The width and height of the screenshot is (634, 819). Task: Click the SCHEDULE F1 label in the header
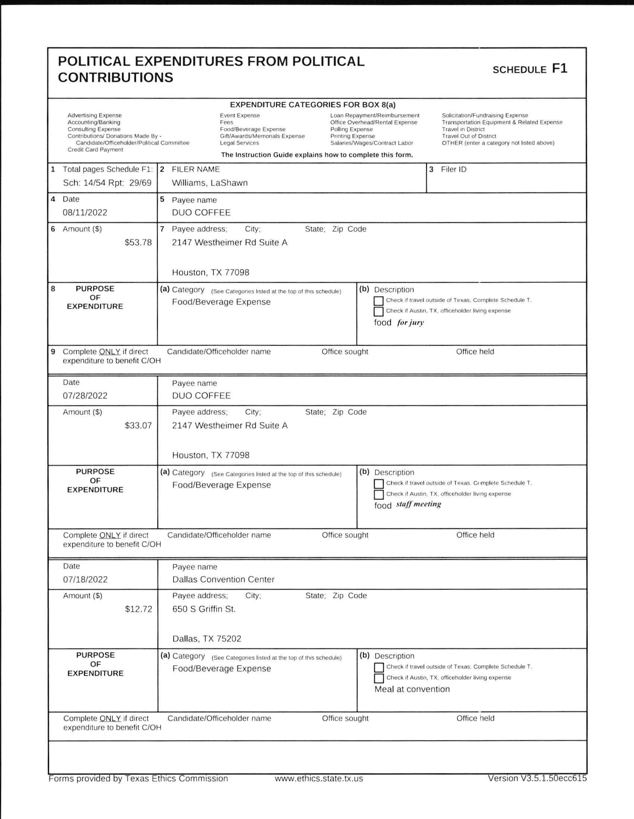pyautogui.click(x=530, y=69)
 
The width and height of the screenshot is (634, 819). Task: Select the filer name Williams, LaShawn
pyautogui.click(x=209, y=183)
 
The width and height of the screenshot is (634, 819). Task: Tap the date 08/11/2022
pyautogui.click(x=85, y=212)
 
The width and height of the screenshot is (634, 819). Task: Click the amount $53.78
pyautogui.click(x=138, y=243)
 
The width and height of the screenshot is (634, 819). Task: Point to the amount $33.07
pyautogui.click(x=138, y=426)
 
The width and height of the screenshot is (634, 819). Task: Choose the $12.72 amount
pyautogui.click(x=138, y=609)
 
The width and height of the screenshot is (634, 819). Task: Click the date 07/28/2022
pyautogui.click(x=85, y=396)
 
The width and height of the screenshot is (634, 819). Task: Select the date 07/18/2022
pyautogui.click(x=85, y=579)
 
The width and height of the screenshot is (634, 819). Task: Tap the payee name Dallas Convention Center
pyautogui.click(x=223, y=579)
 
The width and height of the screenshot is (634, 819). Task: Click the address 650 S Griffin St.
pyautogui.click(x=204, y=609)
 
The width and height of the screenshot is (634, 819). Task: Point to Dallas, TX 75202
pyautogui.click(x=206, y=639)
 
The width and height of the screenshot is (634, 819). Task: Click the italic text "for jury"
pyautogui.click(x=410, y=322)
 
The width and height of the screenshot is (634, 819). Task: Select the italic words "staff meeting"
pyautogui.click(x=419, y=504)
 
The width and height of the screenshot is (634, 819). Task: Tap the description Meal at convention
pyautogui.click(x=411, y=689)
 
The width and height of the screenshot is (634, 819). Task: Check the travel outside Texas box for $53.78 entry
pyautogui.click(x=379, y=301)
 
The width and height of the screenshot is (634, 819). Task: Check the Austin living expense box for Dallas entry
pyautogui.click(x=379, y=678)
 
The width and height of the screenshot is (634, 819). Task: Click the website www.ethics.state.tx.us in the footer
pyautogui.click(x=319, y=778)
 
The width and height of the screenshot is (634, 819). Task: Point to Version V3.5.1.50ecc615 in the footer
pyautogui.click(x=537, y=778)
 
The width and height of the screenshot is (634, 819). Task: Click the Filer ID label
pyautogui.click(x=453, y=170)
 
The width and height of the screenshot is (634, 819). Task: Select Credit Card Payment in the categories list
pyautogui.click(x=95, y=149)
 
